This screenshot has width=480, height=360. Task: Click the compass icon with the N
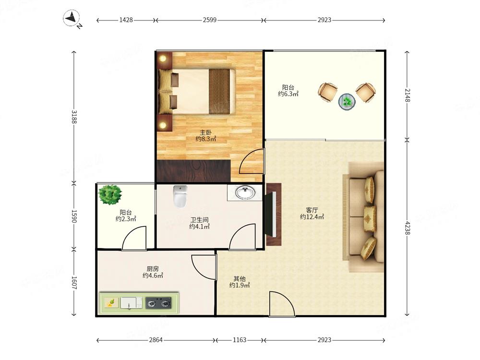point(72,18)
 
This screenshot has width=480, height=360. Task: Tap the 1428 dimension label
point(126,20)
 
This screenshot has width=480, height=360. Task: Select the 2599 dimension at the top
point(209,20)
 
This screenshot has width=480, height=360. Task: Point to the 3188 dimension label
point(74,116)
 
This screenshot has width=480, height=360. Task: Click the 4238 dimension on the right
point(407,228)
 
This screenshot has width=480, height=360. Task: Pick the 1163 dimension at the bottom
point(240,340)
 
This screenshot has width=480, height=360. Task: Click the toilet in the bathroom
point(180,196)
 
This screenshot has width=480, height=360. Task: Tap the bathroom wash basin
point(245,193)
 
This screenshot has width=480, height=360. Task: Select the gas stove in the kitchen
point(158,303)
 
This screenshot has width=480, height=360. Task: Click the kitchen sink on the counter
point(132,303)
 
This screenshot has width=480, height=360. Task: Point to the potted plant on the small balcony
point(110,195)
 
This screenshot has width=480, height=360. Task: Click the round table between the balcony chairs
point(347,101)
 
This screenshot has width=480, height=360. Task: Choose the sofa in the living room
point(363,217)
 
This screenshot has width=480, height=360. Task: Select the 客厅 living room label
point(312,210)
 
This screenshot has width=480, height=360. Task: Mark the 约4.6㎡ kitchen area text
point(153,276)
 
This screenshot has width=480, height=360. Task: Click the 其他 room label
point(240,278)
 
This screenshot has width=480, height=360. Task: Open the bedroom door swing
point(251,161)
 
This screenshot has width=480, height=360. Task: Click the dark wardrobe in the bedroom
point(193,170)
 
